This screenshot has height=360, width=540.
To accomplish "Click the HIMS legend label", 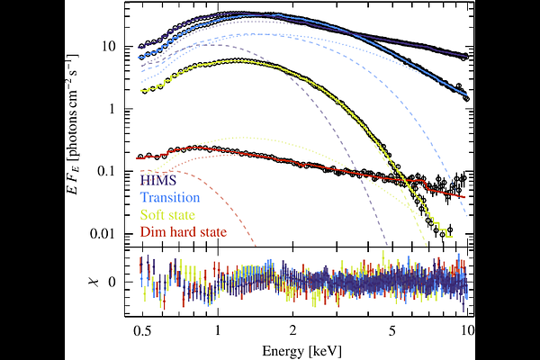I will (161, 180).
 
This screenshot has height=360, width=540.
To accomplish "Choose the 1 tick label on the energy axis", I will (218, 331).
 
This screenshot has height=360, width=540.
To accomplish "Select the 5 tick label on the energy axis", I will (391, 331).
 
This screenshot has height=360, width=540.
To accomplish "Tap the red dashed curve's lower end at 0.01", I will (255, 243).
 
